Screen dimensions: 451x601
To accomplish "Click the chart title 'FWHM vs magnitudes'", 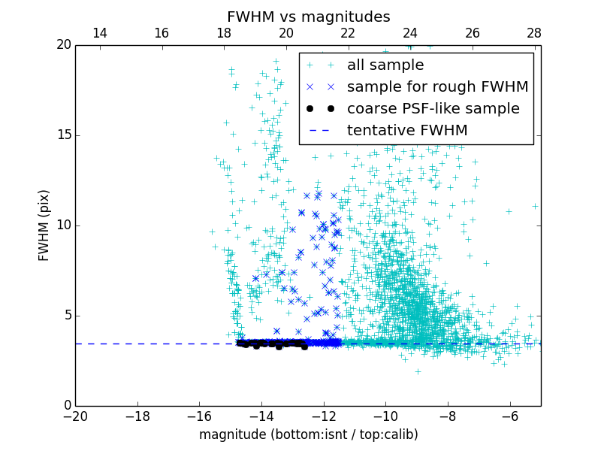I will tap(308, 17).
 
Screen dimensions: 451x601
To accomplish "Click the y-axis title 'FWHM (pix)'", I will tap(44, 225).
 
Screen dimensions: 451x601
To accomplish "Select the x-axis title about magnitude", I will tap(308, 434).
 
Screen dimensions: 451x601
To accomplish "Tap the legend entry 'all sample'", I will tap(385, 65).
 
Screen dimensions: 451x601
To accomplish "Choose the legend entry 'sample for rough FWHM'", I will tap(437, 87).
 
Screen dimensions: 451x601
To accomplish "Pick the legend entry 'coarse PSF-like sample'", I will tap(433, 109).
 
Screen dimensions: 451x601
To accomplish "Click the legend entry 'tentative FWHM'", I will tap(406, 131).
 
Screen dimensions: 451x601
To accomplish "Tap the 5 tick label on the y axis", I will tap(65, 316).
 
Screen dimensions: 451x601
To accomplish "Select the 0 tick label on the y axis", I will tap(65, 406).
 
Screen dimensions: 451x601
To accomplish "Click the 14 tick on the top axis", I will tap(99, 33).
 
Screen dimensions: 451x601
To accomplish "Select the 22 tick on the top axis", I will tap(348, 33).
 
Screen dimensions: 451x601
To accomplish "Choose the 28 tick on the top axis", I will tap(534, 33).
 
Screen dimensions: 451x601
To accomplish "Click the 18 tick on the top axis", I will tap(224, 33).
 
